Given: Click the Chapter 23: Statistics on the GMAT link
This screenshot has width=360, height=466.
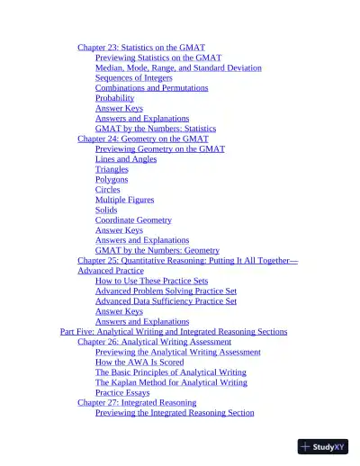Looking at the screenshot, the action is click(141, 47).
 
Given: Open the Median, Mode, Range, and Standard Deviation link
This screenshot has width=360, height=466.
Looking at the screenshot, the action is click(178, 67).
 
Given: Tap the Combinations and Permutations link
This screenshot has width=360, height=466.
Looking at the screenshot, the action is click(151, 88).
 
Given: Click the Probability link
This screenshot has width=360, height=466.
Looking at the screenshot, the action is click(114, 98).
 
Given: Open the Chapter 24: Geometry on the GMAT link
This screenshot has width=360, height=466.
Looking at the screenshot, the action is click(142, 139).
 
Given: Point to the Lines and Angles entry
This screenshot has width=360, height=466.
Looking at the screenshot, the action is click(126, 159).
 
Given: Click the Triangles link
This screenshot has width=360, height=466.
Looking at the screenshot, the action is click(112, 169).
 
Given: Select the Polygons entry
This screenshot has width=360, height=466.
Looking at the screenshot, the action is click(112, 179).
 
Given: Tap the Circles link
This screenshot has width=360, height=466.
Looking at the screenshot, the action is click(107, 190).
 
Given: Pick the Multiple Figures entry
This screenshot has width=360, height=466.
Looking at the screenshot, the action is click(124, 200).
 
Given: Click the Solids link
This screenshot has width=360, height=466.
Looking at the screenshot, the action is click(106, 210).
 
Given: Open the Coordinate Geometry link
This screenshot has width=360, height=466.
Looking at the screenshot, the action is click(133, 220).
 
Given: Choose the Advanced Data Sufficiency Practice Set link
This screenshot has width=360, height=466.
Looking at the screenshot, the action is click(166, 301).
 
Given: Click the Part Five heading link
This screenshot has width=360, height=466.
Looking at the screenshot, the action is click(174, 331).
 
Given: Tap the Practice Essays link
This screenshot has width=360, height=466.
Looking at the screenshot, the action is click(122, 392).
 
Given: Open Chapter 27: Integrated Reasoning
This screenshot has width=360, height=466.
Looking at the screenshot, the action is click(137, 402).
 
